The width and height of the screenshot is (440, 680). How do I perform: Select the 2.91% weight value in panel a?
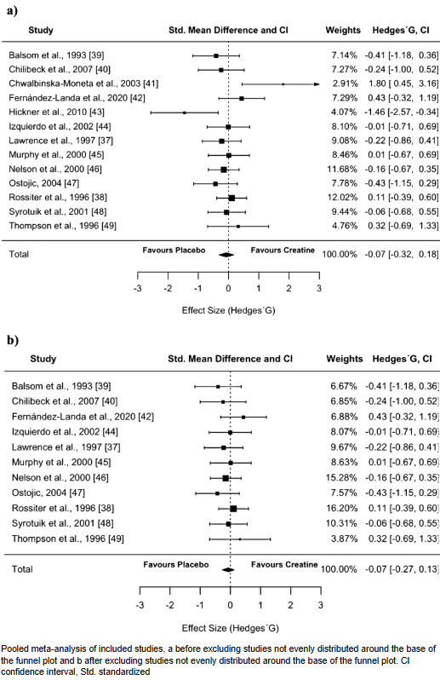tap(345, 84)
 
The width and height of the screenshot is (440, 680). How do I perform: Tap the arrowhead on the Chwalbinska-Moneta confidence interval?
tap(317, 84)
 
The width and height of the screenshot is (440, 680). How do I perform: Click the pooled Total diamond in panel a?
tap(226, 255)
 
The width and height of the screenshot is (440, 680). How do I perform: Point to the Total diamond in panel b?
tap(228, 569)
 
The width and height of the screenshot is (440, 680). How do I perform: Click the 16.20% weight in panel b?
tap(341, 508)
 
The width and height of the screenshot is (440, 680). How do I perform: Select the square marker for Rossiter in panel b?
tap(233, 508)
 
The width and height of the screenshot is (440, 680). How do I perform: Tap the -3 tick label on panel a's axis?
tap(138, 288)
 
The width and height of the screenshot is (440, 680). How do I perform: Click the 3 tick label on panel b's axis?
tap(321, 605)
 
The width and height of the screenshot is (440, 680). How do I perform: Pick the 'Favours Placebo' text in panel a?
tap(174, 251)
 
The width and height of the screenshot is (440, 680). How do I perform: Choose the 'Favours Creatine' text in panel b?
tap(284, 565)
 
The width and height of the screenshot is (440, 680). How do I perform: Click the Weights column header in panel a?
tap(343, 30)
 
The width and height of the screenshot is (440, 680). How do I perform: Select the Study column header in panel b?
tap(43, 359)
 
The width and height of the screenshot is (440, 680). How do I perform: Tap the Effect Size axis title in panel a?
tap(228, 310)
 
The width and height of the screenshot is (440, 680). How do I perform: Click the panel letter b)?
tap(13, 340)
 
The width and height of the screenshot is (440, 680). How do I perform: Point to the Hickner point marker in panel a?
tap(184, 112)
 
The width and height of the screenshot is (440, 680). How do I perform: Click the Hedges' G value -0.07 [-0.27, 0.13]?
tap(402, 569)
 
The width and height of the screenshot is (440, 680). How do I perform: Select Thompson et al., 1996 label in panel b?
tap(67, 539)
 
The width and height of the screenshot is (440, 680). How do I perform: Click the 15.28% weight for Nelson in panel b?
tap(341, 477)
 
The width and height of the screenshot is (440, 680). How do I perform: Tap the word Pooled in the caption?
tap(14, 649)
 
